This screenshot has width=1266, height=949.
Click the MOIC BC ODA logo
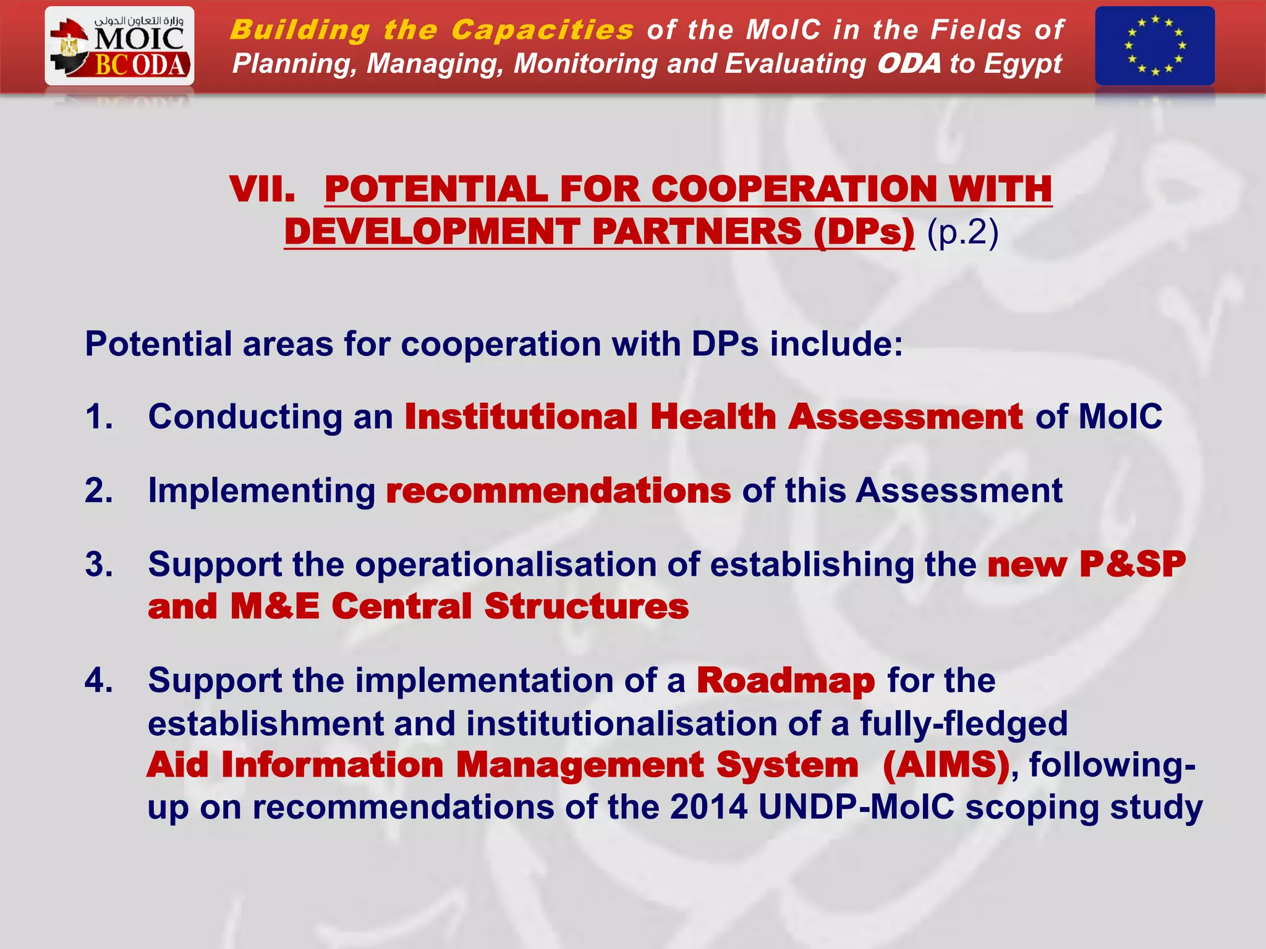(x=119, y=46)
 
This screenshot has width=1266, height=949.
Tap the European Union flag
(x=1154, y=46)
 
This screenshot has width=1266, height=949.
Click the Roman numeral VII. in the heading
(x=262, y=189)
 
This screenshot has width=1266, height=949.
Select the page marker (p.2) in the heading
(x=962, y=232)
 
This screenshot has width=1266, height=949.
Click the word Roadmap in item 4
(x=786, y=681)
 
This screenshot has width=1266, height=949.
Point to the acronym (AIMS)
(x=946, y=765)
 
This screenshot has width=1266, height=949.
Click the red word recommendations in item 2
(x=558, y=491)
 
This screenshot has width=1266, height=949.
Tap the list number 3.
(x=99, y=565)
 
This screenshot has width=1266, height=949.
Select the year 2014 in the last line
(x=708, y=807)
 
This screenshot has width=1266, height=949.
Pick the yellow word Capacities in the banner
(x=542, y=30)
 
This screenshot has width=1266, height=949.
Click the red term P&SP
(x=1132, y=565)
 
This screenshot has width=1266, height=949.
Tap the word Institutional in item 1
(x=520, y=417)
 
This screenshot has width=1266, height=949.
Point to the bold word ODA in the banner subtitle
(x=909, y=64)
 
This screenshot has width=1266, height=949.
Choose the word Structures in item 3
(x=586, y=607)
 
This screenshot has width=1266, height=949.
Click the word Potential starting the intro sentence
(x=158, y=344)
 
